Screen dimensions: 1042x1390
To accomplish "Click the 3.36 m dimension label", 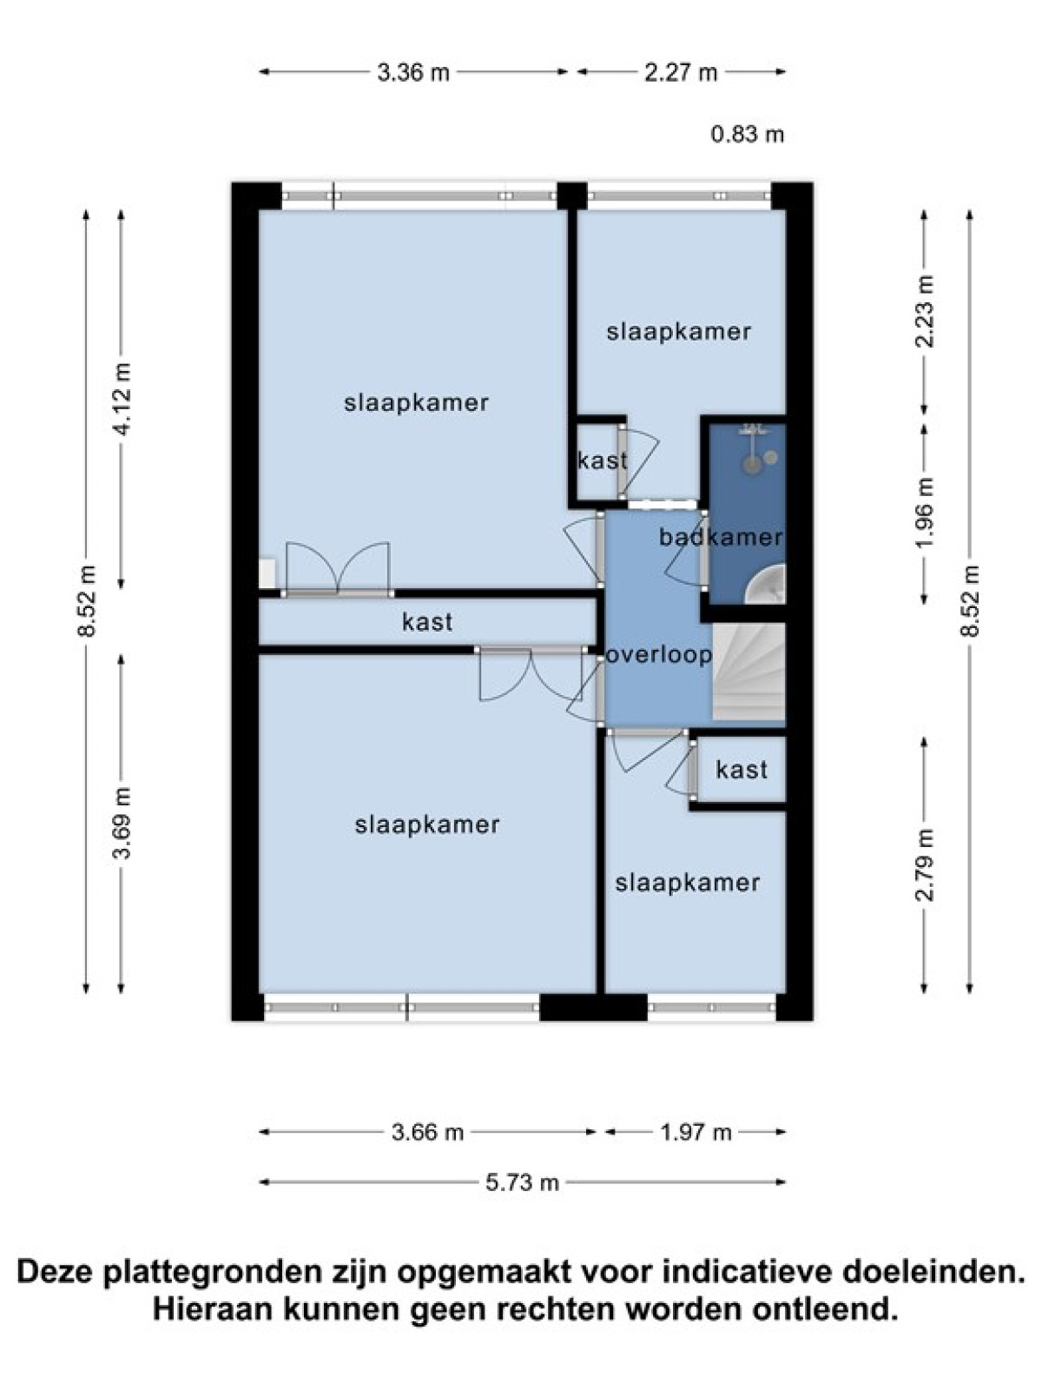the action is coord(413,73).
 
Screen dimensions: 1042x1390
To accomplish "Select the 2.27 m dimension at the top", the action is coord(682,73).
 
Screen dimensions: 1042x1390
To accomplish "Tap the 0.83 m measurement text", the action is coord(748,135).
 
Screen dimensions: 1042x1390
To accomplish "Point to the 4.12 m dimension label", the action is coord(122,399).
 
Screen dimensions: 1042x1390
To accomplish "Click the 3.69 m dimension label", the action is coord(122,823).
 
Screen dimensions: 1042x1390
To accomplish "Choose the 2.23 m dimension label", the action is coord(925,312).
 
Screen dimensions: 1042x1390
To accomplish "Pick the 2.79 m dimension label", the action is coord(925,864).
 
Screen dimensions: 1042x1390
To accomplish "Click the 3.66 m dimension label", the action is coord(428,1132).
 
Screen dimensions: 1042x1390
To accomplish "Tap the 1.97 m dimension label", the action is coord(696,1132).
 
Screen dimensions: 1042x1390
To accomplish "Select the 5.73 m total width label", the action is coord(523,1182).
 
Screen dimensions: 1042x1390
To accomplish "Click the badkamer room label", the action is coord(722,538).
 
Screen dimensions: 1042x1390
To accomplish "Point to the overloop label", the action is coord(659,655).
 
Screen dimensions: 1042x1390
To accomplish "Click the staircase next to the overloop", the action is coord(749,672).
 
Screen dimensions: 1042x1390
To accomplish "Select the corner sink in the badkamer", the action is coord(766,584).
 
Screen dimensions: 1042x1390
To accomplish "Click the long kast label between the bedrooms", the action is coord(428,622).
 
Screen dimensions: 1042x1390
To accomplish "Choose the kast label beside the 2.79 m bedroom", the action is coord(742,770).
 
